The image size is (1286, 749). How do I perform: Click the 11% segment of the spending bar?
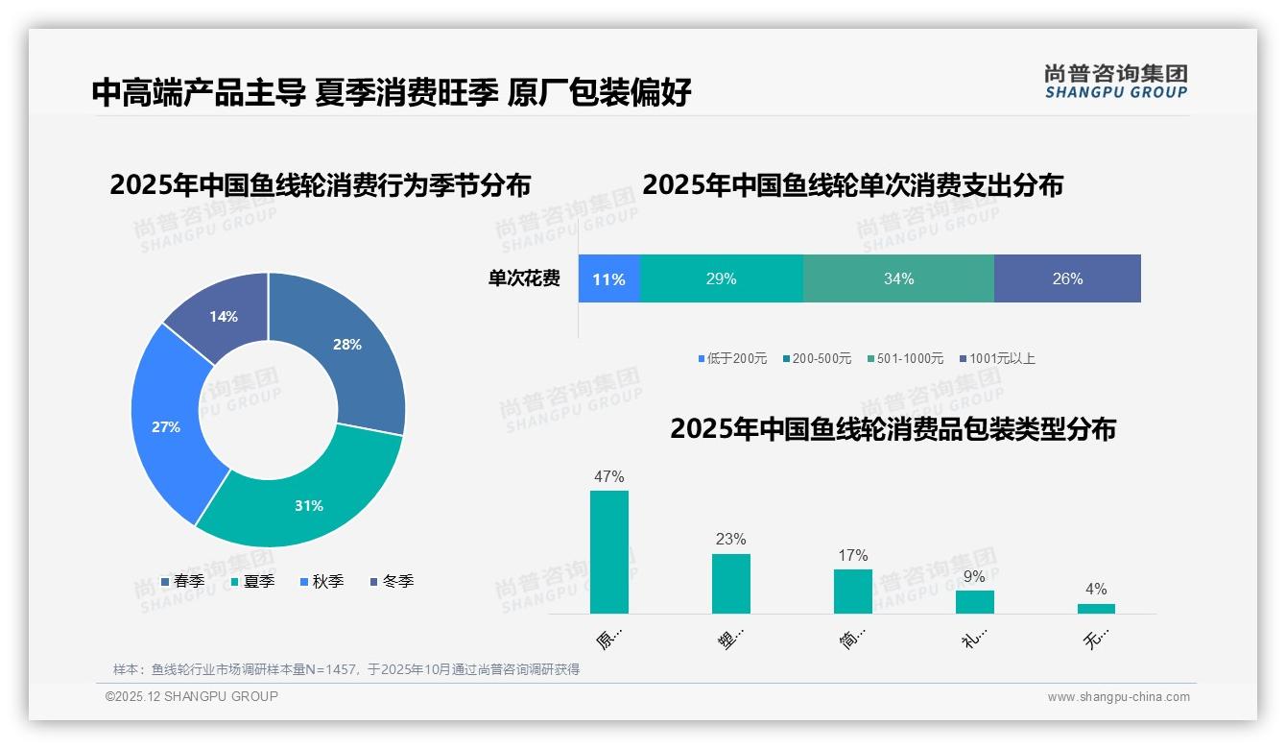[608, 279]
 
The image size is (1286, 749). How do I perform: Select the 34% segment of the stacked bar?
[898, 279]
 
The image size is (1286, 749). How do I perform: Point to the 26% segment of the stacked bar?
[1067, 279]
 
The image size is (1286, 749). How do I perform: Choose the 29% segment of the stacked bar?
[721, 279]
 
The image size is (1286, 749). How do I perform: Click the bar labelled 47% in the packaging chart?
[609, 552]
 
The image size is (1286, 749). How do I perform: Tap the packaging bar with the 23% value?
[731, 583]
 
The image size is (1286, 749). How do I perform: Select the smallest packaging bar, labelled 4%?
[1096, 608]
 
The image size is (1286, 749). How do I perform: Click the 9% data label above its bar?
[974, 577]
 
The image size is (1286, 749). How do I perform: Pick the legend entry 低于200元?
[733, 359]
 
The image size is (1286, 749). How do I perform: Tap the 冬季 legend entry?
[393, 582]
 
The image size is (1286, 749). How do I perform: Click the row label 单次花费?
[524, 279]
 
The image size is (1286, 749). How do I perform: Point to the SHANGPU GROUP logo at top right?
[1116, 82]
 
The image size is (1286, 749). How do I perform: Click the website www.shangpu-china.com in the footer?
[1118, 697]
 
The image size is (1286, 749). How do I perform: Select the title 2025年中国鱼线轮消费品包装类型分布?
[893, 429]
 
